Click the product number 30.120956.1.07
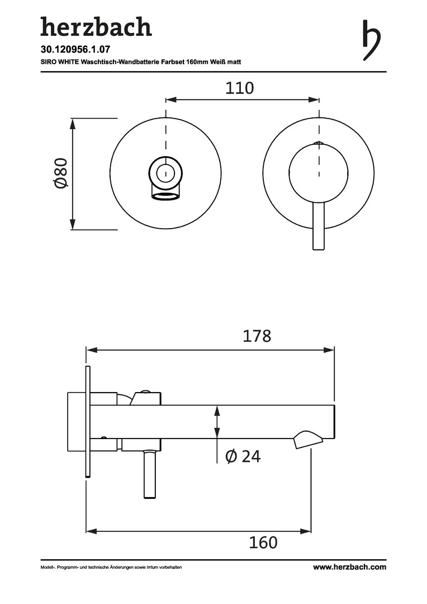click(x=73, y=50)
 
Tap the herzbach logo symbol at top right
click(x=372, y=40)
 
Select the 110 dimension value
click(x=240, y=88)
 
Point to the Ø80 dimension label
click(x=61, y=173)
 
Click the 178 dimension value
click(x=257, y=336)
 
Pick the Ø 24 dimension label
click(x=243, y=456)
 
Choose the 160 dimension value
click(x=263, y=542)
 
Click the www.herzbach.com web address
click(x=349, y=567)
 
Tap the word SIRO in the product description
click(x=49, y=62)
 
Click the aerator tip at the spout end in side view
click(x=309, y=440)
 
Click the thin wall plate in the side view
click(x=88, y=422)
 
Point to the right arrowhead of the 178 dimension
click(x=329, y=350)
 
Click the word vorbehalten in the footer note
click(x=170, y=568)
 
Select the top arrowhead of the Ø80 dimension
click(x=73, y=124)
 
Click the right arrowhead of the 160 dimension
click(x=306, y=532)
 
